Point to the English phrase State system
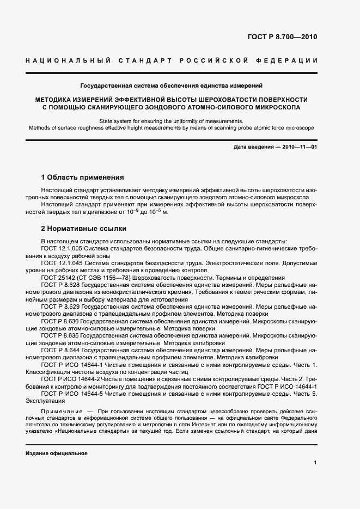click(x=116, y=120)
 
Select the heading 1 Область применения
click(x=82, y=177)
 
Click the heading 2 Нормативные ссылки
click(x=83, y=229)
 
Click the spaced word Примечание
click(x=60, y=408)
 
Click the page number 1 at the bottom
click(x=315, y=462)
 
